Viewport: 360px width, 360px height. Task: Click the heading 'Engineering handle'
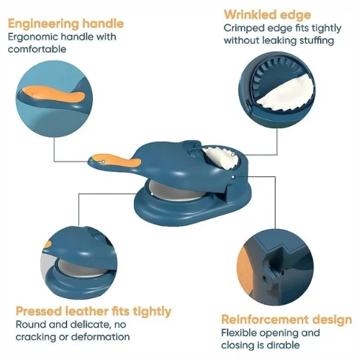[x=66, y=24]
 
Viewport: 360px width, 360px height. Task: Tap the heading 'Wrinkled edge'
[x=267, y=15]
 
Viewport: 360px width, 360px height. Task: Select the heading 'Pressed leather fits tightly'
[x=94, y=312]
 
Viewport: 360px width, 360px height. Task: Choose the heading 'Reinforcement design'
[x=287, y=320]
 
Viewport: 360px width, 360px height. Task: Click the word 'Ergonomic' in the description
[x=32, y=37]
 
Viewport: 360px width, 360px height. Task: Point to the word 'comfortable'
[x=37, y=49]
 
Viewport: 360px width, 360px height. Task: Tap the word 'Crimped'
[x=244, y=29]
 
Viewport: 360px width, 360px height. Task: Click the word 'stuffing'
[x=317, y=40]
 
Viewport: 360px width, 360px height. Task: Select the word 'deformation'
[x=101, y=337]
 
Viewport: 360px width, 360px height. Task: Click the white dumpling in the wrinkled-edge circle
[x=287, y=94]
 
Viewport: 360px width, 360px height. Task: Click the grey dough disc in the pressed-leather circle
[x=81, y=268]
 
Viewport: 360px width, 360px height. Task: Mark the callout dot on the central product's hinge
[x=233, y=177]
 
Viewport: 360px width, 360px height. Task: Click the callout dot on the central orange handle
[x=104, y=162]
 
